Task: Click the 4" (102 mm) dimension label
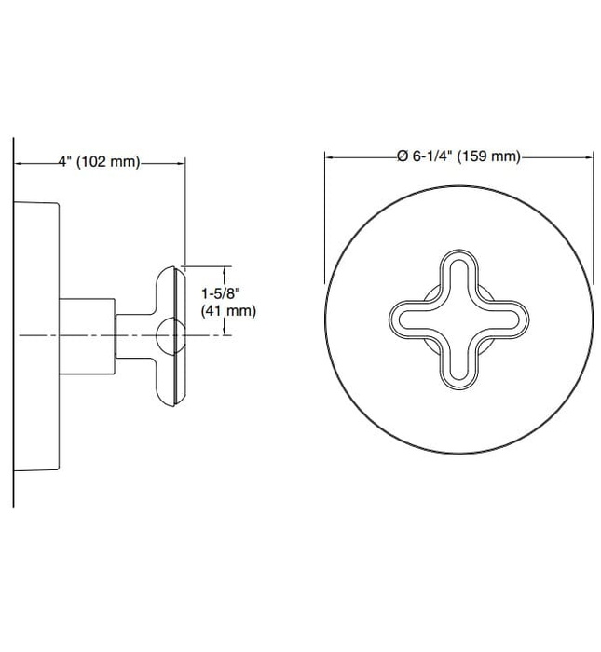(99, 161)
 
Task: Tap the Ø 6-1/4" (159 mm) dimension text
(458, 156)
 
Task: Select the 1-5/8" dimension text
(221, 294)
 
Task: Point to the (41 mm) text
(228, 310)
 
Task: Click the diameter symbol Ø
(403, 156)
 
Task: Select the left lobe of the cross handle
(410, 319)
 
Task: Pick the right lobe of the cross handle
(508, 319)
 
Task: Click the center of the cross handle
(458, 319)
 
